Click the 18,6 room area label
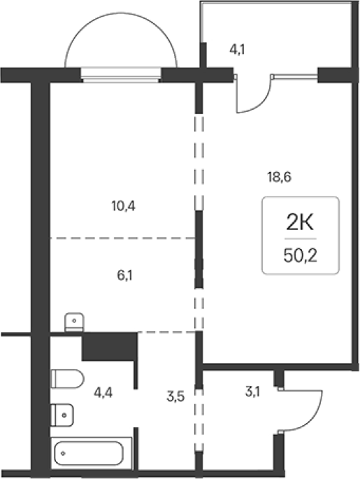pyautogui.click(x=280, y=177)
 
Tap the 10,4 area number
pyautogui.click(x=123, y=206)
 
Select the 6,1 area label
pyautogui.click(x=124, y=276)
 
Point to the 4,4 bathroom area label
pyautogui.click(x=103, y=392)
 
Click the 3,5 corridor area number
pyautogui.click(x=175, y=396)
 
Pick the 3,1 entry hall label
pyautogui.click(x=252, y=392)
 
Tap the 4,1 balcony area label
pyautogui.click(x=237, y=50)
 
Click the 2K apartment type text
pyautogui.click(x=300, y=222)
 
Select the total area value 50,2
pyautogui.click(x=300, y=255)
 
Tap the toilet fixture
pyautogui.click(x=67, y=379)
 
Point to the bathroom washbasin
pyautogui.click(x=62, y=415)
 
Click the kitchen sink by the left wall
pyautogui.click(x=74, y=322)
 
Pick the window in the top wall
pyautogui.click(x=121, y=75)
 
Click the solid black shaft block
pyautogui.click(x=109, y=346)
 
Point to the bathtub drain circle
pyautogui.click(x=63, y=453)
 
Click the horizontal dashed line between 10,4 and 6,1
pyautogui.click(x=123, y=238)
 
